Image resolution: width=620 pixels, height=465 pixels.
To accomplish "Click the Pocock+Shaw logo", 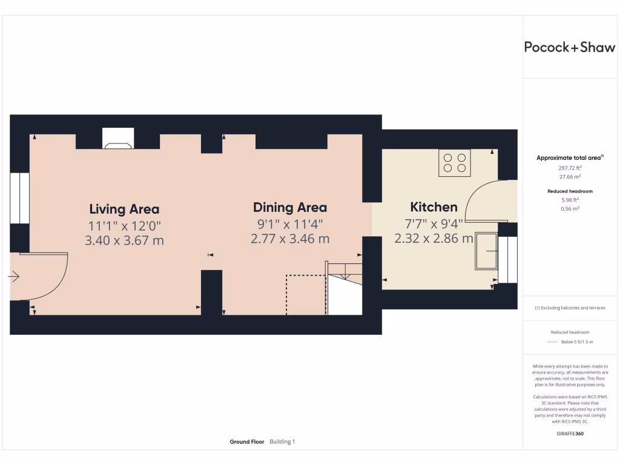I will point(570,48).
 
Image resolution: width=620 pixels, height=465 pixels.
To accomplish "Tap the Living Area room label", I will point(124,209).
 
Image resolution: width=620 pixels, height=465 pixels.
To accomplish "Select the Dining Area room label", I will point(289,208).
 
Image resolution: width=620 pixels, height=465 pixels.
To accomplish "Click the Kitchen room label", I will point(434,207).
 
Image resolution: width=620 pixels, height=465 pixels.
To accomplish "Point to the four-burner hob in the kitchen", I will point(455,162).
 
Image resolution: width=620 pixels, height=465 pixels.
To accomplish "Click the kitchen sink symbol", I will point(487,250).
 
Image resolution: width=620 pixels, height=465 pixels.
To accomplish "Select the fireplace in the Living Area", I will point(117,139).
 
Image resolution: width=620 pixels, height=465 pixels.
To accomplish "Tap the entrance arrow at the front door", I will point(14,277).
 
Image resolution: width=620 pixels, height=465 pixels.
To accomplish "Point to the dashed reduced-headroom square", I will point(306,295).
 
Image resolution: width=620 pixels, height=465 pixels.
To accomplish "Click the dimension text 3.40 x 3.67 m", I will point(124,240).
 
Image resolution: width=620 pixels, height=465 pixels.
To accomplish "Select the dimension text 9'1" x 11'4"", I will point(289,223).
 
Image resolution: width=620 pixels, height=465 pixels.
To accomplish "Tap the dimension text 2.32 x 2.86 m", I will point(434,239).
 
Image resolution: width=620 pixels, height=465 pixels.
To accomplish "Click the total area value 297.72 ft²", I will point(569,168).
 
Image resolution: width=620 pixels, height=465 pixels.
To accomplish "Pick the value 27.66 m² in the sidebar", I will point(569,177).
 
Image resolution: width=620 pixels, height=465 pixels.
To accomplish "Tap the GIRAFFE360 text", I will point(569,434).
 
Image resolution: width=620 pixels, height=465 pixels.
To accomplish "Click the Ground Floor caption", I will point(246,442).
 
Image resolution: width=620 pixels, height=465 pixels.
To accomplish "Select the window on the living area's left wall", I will point(20,198).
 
